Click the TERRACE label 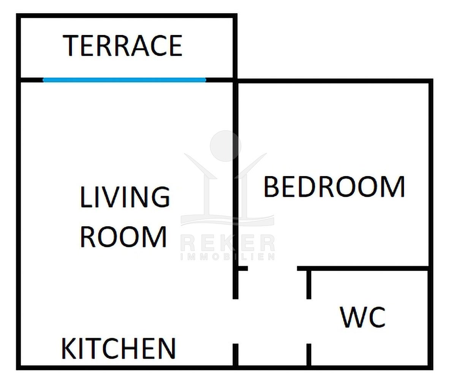[x=122, y=46]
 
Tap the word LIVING [x=125, y=197]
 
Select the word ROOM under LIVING [x=123, y=237]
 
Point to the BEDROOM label [x=334, y=186]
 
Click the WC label [x=363, y=317]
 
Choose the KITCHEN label [x=119, y=349]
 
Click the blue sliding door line [x=124, y=80]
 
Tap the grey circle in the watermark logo [x=225, y=146]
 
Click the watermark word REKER [x=228, y=243]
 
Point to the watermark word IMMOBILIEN [x=228, y=257]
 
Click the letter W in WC [x=353, y=317]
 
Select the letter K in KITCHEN [x=69, y=349]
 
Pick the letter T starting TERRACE [x=71, y=46]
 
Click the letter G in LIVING [x=161, y=197]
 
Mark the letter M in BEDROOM [x=393, y=186]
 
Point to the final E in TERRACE [x=176, y=46]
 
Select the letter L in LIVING [x=86, y=197]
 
